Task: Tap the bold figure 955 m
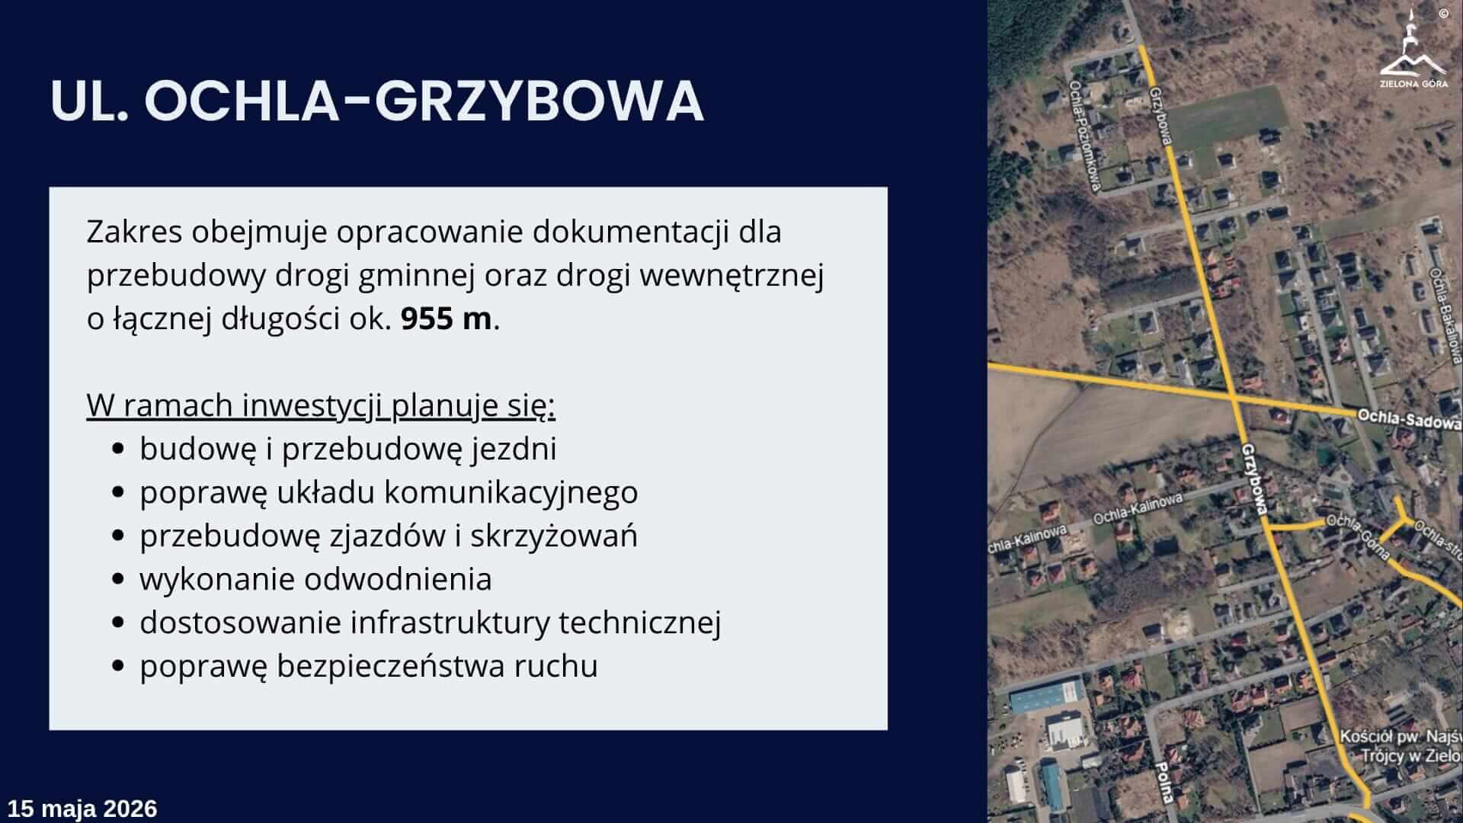(447, 318)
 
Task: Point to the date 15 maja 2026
(82, 809)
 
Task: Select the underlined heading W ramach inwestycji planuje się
(321, 405)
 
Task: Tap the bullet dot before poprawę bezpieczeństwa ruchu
(117, 666)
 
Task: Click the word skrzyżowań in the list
(554, 536)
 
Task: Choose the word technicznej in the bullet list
(640, 622)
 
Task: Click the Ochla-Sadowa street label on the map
(1409, 420)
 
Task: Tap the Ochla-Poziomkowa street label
(1085, 134)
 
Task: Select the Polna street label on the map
(1163, 782)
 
